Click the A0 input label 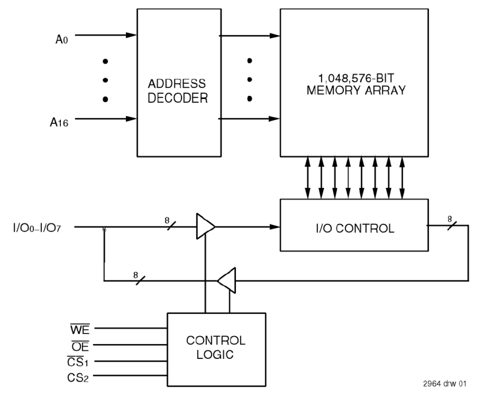62,39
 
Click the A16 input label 59,123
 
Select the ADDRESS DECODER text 177,91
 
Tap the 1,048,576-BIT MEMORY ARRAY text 356,84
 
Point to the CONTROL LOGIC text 215,347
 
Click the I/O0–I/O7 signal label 38,228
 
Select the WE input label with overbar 80,329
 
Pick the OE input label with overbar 80,346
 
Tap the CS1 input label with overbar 79,361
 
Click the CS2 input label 78,378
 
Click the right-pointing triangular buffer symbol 205,227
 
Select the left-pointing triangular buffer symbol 228,281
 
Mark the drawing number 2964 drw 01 445,384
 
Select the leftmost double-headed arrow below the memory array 308,177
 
